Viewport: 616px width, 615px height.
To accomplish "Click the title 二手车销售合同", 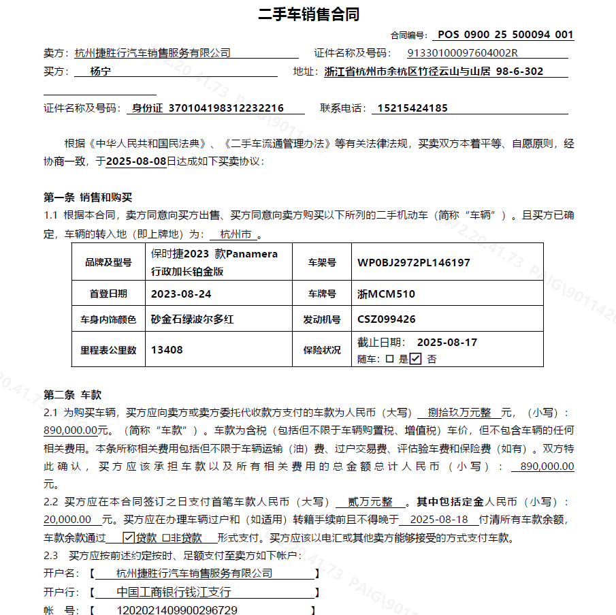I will point(309,14).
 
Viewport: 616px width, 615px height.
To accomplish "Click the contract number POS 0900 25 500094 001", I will point(505,35).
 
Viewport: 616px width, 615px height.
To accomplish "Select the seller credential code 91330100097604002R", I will point(463,53).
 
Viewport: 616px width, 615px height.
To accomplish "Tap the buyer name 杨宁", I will point(101,72).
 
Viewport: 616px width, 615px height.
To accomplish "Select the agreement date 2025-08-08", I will point(136,162).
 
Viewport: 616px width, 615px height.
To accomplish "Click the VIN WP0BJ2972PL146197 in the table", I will point(414,263).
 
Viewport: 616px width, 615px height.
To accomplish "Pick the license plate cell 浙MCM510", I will point(386,294).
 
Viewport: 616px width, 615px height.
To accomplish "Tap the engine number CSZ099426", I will point(387,319).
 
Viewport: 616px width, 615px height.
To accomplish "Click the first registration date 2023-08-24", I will point(181,294).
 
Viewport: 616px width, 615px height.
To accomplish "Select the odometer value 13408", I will point(167,350).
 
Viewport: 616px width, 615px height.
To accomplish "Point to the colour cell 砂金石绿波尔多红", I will point(193,319).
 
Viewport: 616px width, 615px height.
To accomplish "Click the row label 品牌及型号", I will point(108,263).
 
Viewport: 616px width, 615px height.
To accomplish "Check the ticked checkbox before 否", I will point(415,359).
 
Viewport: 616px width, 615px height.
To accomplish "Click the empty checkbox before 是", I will point(389,359).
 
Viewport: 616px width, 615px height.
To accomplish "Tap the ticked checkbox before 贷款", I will point(129,537).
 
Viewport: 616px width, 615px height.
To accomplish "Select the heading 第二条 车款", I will point(73,395).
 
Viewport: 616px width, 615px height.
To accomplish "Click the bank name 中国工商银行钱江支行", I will point(174,592).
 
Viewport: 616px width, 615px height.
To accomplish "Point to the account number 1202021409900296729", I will point(178,610).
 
